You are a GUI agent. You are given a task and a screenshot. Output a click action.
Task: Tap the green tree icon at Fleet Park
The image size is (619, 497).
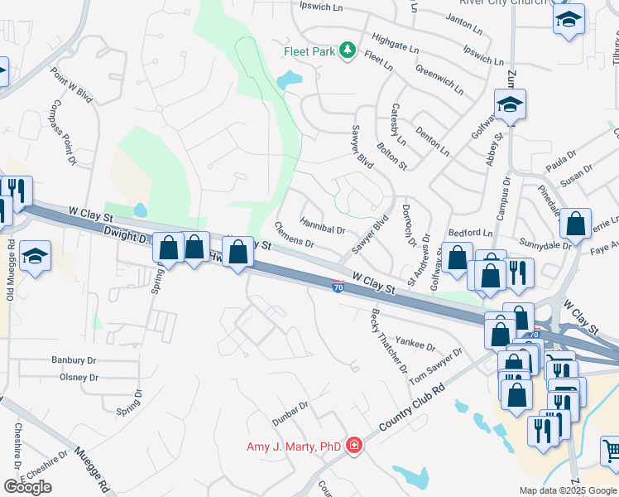[x=348, y=51]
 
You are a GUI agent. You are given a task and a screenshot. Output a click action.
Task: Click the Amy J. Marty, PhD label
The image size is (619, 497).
[x=294, y=446]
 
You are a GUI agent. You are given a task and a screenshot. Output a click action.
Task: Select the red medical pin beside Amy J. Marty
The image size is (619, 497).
[x=354, y=446]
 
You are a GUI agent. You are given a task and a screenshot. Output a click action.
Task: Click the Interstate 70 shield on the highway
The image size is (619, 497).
[x=338, y=287]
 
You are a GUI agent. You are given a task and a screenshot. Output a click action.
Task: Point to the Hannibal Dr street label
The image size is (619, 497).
[x=322, y=224]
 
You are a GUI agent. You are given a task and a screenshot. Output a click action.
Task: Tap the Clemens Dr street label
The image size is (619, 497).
[x=294, y=234]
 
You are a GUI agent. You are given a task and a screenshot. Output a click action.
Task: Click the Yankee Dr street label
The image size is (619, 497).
[x=416, y=344]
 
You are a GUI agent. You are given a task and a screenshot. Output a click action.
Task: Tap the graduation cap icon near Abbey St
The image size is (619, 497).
[x=510, y=104]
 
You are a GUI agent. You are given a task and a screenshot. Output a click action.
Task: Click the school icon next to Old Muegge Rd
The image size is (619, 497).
[x=36, y=256]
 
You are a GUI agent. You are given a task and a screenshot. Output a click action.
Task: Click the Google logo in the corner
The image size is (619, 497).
[x=27, y=487]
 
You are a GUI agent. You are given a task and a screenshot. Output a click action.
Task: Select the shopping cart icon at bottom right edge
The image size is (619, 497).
[x=611, y=451]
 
